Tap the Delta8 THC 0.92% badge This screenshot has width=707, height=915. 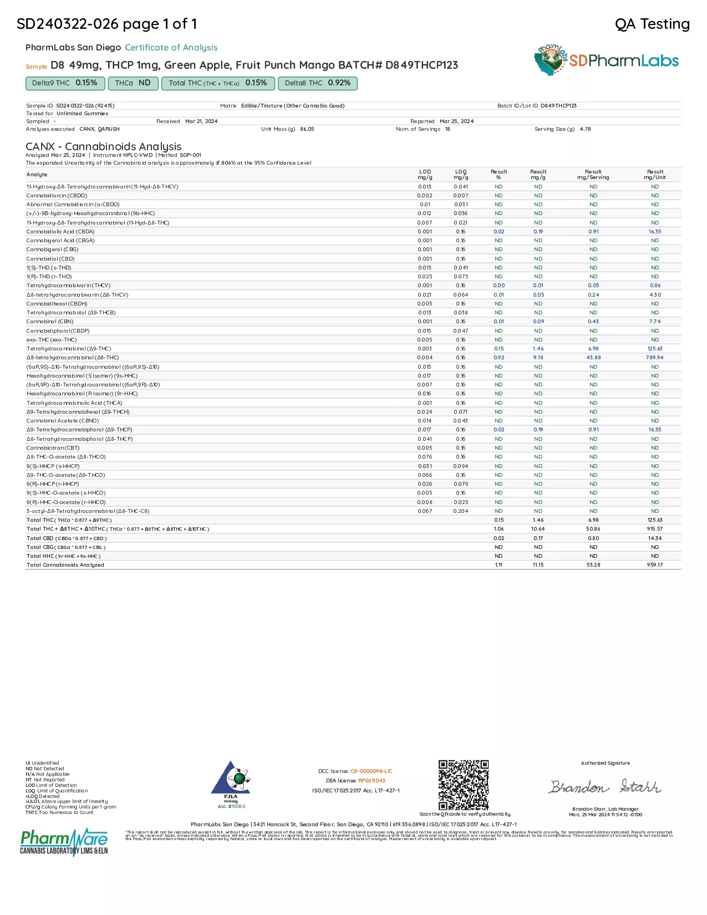click(x=317, y=83)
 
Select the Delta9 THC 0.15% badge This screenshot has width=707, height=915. click(x=64, y=83)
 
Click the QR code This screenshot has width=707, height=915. click(x=464, y=785)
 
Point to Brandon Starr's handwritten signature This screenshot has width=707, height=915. click(x=605, y=787)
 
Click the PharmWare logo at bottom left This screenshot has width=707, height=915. click(x=64, y=842)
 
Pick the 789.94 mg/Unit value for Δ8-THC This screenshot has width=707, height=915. click(x=654, y=358)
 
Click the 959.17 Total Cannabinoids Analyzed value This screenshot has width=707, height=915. click(x=654, y=565)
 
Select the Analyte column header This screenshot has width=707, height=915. click(x=37, y=175)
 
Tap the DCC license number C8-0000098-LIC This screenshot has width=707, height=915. click(x=371, y=771)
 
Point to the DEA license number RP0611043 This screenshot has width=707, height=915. click(x=372, y=781)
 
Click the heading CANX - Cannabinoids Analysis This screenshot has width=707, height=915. click(x=104, y=146)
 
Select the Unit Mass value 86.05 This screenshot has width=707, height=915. click(x=307, y=129)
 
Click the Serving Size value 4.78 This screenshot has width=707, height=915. click(x=585, y=129)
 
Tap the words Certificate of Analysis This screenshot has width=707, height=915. click(x=171, y=48)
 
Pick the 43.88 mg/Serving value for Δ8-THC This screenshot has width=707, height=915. click(x=593, y=358)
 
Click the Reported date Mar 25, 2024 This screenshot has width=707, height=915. click(x=456, y=121)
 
